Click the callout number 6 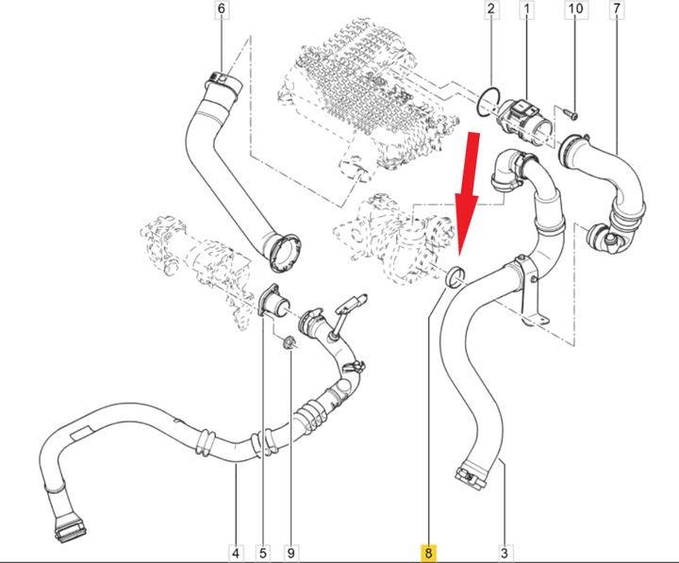click(222, 9)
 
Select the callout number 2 click(490, 9)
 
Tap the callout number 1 click(526, 9)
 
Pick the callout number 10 click(575, 9)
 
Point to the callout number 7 click(616, 9)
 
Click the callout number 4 click(236, 553)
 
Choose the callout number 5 click(263, 553)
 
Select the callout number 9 click(290, 553)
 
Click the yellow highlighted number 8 click(428, 553)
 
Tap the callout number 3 click(504, 553)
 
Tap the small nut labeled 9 click(290, 342)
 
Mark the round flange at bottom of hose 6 click(286, 254)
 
